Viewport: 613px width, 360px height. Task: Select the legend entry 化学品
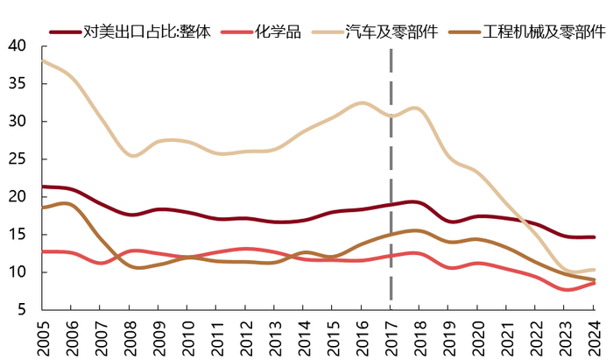click(278, 32)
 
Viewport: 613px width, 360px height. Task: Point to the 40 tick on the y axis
click(18, 46)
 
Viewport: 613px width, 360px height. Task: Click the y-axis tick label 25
click(18, 159)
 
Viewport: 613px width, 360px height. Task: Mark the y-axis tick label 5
click(23, 310)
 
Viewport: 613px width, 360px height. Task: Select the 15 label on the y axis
click(18, 235)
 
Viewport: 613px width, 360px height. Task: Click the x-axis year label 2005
click(43, 337)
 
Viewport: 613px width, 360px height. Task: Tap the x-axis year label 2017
click(391, 337)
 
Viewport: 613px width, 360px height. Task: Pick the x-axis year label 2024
click(594, 337)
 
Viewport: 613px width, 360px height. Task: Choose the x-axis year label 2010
click(187, 337)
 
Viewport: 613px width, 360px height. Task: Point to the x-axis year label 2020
click(477, 337)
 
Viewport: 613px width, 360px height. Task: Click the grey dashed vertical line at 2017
click(391, 175)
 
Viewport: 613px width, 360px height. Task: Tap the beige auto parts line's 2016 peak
click(362, 103)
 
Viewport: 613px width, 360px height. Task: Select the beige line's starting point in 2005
click(43, 61)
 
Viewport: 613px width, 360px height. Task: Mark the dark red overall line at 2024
click(594, 237)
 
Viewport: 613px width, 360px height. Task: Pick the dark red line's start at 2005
click(43, 187)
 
